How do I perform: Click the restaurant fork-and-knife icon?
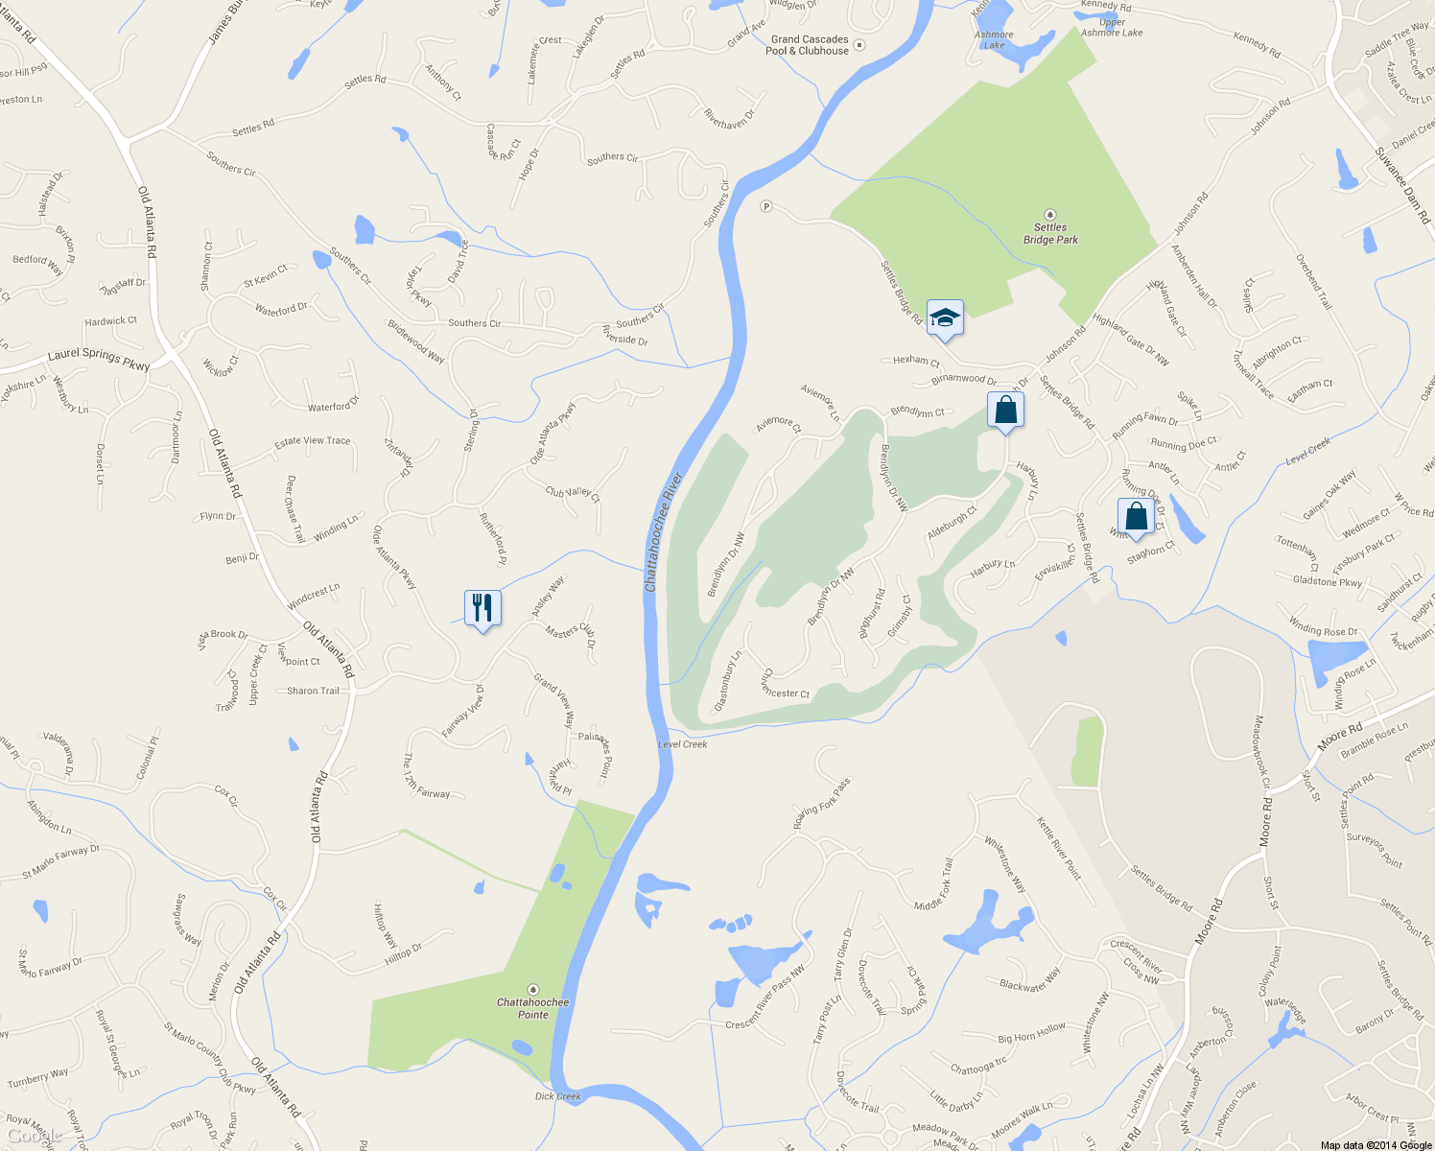[x=482, y=608]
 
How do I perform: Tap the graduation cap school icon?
[x=945, y=317]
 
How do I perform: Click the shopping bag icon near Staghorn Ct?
[x=1136, y=517]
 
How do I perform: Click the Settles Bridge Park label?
[x=1050, y=233]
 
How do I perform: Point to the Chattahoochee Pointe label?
[x=532, y=1008]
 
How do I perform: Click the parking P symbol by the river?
[x=766, y=206]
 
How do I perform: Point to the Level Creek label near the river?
[x=683, y=744]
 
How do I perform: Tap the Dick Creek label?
[x=558, y=1096]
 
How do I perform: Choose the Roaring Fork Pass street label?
[x=822, y=804]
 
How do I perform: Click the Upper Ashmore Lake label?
[x=1113, y=28]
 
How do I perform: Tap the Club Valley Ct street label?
[x=573, y=494]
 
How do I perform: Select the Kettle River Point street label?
[x=1059, y=848]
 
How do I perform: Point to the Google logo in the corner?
[x=35, y=1136]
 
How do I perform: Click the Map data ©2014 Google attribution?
[x=1376, y=1145]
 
